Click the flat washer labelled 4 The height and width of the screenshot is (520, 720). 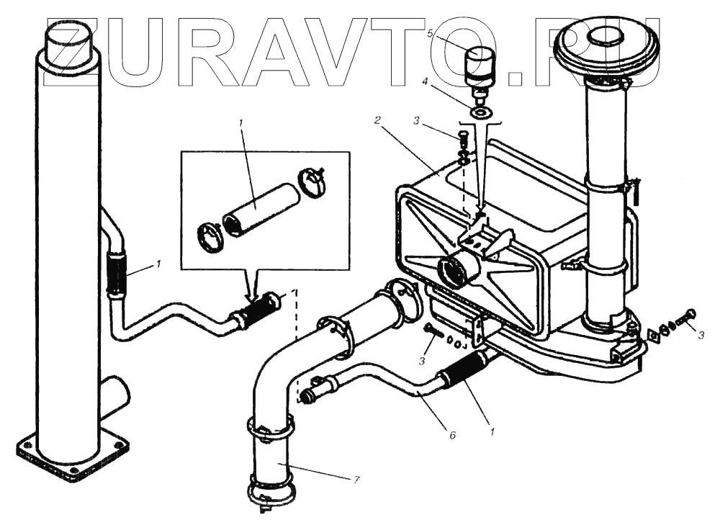pos(481,112)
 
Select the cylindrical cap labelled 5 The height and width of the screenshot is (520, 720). pos(478,64)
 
